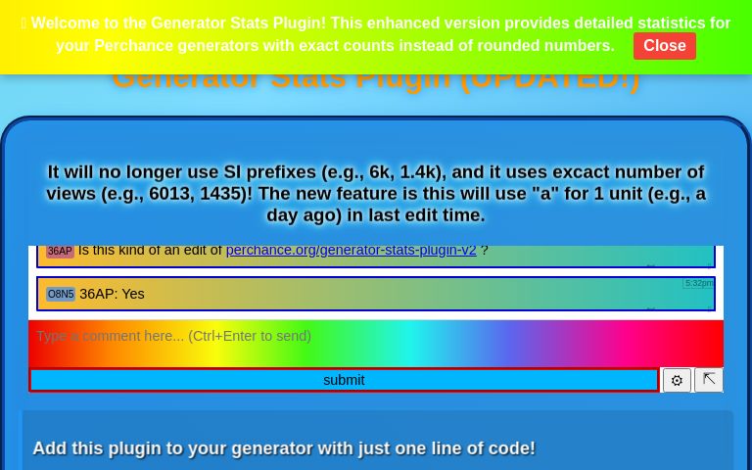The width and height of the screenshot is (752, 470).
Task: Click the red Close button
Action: tap(664, 46)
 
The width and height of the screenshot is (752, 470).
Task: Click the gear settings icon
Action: tap(677, 381)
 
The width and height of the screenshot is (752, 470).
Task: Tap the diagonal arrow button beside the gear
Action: tap(709, 379)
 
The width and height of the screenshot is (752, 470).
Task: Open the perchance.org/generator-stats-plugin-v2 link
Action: tap(351, 251)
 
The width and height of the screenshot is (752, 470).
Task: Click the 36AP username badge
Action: tap(60, 252)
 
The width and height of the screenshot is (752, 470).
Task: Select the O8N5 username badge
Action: tap(61, 294)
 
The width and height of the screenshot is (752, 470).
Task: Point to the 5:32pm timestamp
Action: tap(699, 284)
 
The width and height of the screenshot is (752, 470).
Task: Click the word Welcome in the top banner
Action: tap(68, 23)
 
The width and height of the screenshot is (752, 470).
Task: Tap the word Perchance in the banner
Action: tap(133, 46)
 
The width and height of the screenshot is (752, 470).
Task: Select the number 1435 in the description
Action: tap(222, 194)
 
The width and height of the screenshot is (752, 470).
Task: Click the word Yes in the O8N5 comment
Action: tap(132, 294)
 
